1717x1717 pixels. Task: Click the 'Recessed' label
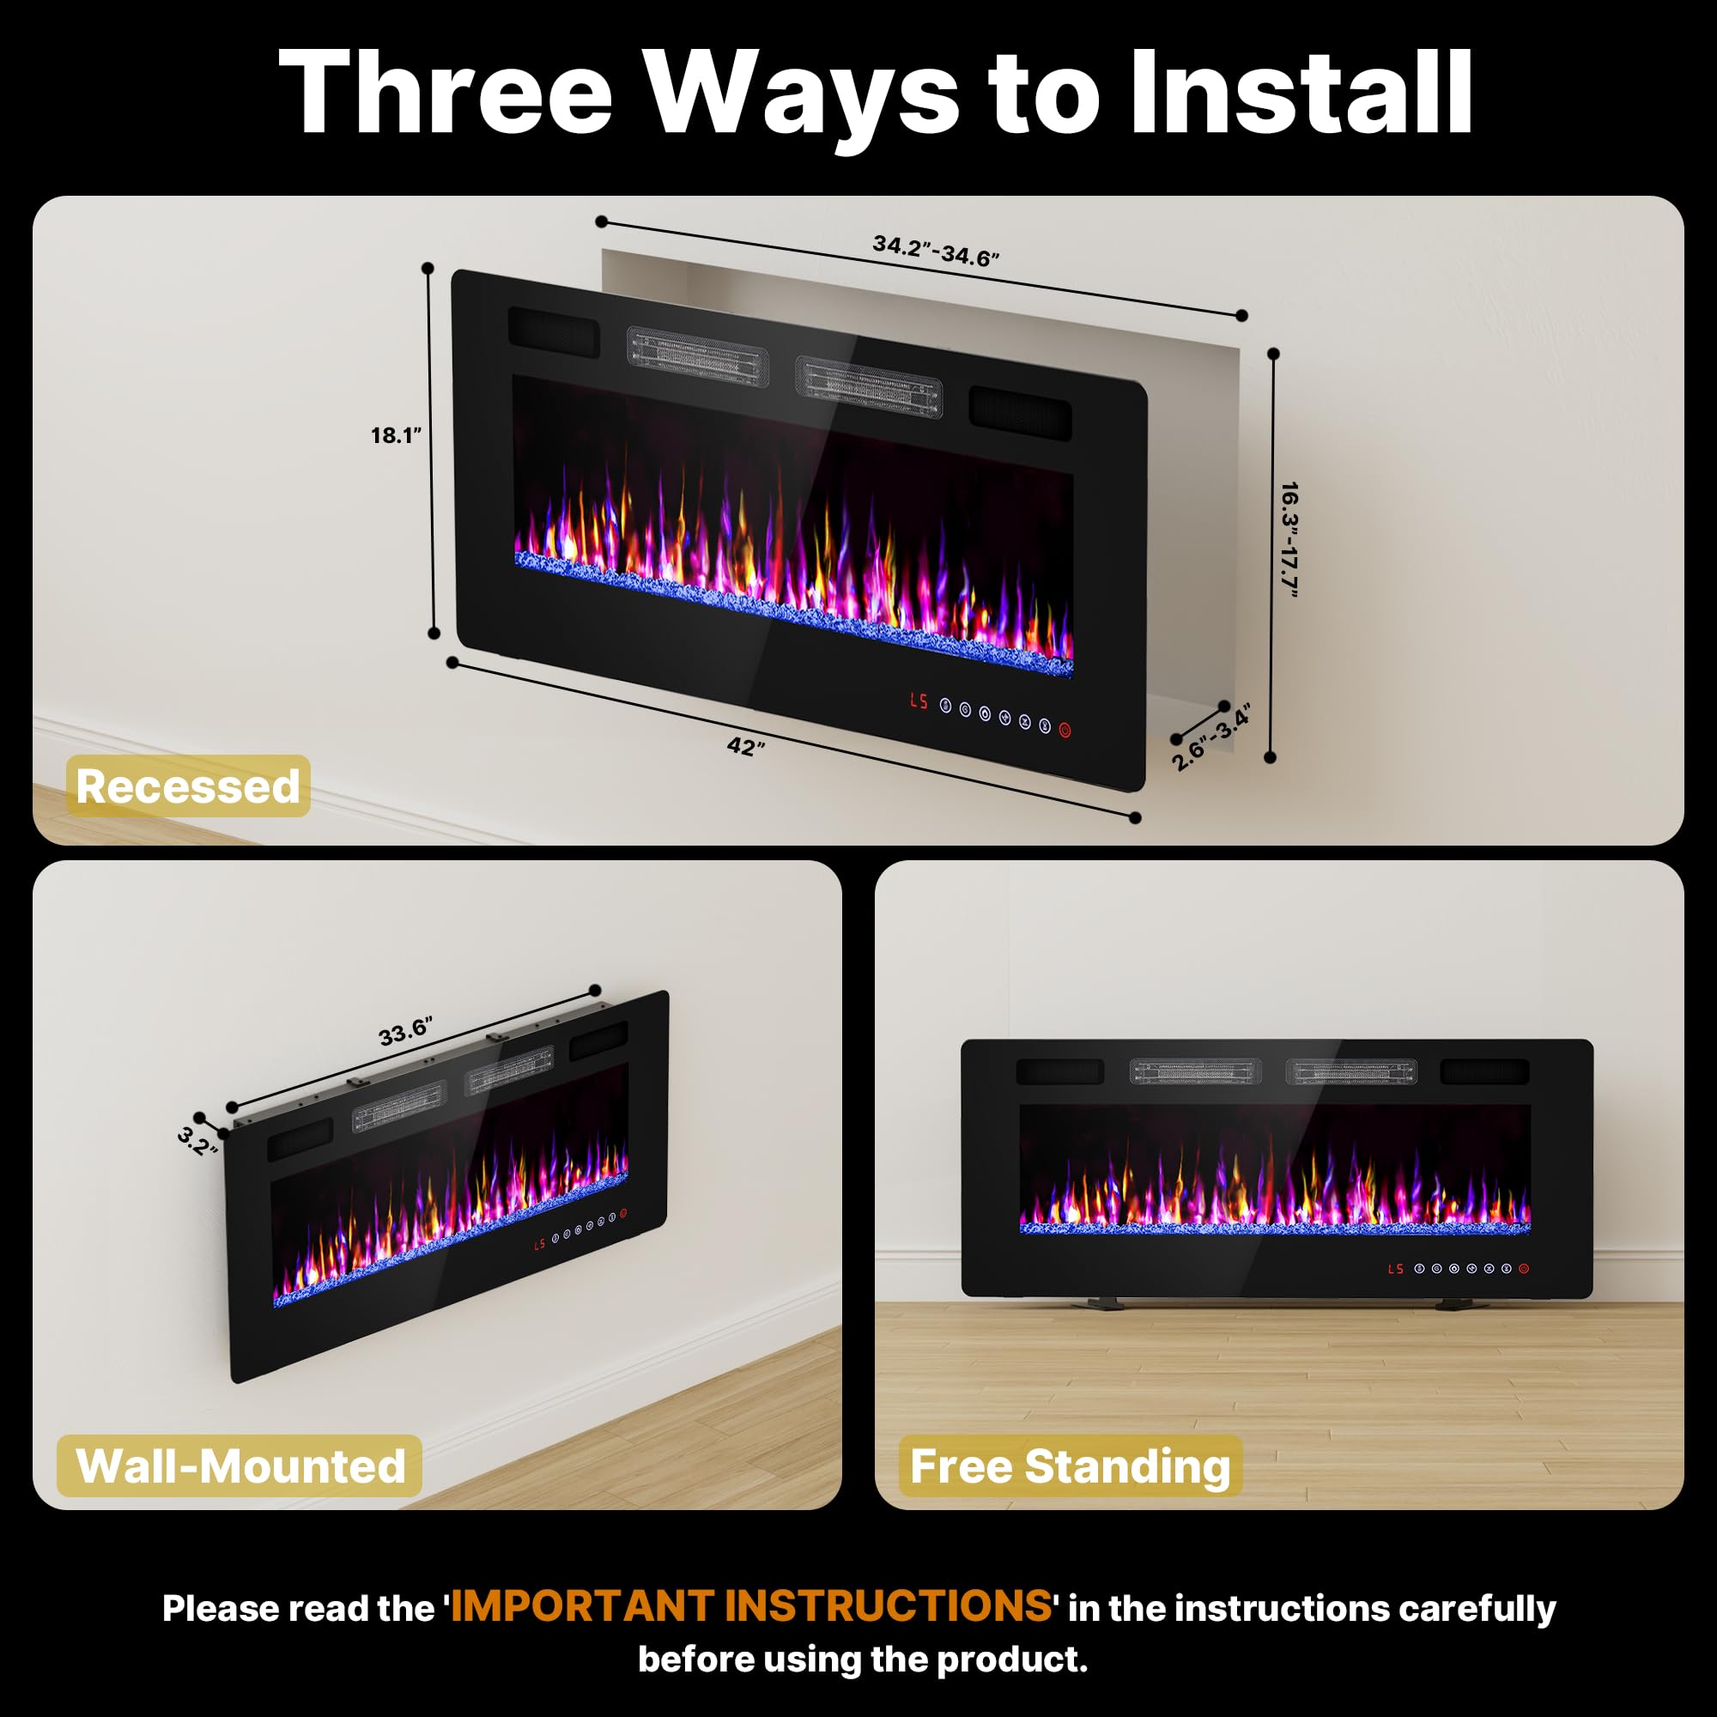coord(187,786)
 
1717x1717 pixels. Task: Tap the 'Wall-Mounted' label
coord(240,1465)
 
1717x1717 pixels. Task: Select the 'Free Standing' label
coord(1070,1465)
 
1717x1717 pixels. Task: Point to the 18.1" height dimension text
coord(396,435)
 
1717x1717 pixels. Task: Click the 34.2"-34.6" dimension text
coord(936,251)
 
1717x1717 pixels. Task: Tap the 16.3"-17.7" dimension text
coord(1289,539)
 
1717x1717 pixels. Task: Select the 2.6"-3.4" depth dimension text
coord(1210,737)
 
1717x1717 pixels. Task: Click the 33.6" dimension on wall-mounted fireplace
coord(405,1032)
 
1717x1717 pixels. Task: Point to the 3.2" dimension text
coord(197,1141)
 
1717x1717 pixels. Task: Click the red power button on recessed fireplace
coord(1065,731)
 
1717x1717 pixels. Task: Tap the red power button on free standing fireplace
coord(1524,1269)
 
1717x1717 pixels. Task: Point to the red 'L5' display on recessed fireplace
coord(918,701)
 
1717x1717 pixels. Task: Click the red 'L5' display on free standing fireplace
coord(1395,1268)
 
